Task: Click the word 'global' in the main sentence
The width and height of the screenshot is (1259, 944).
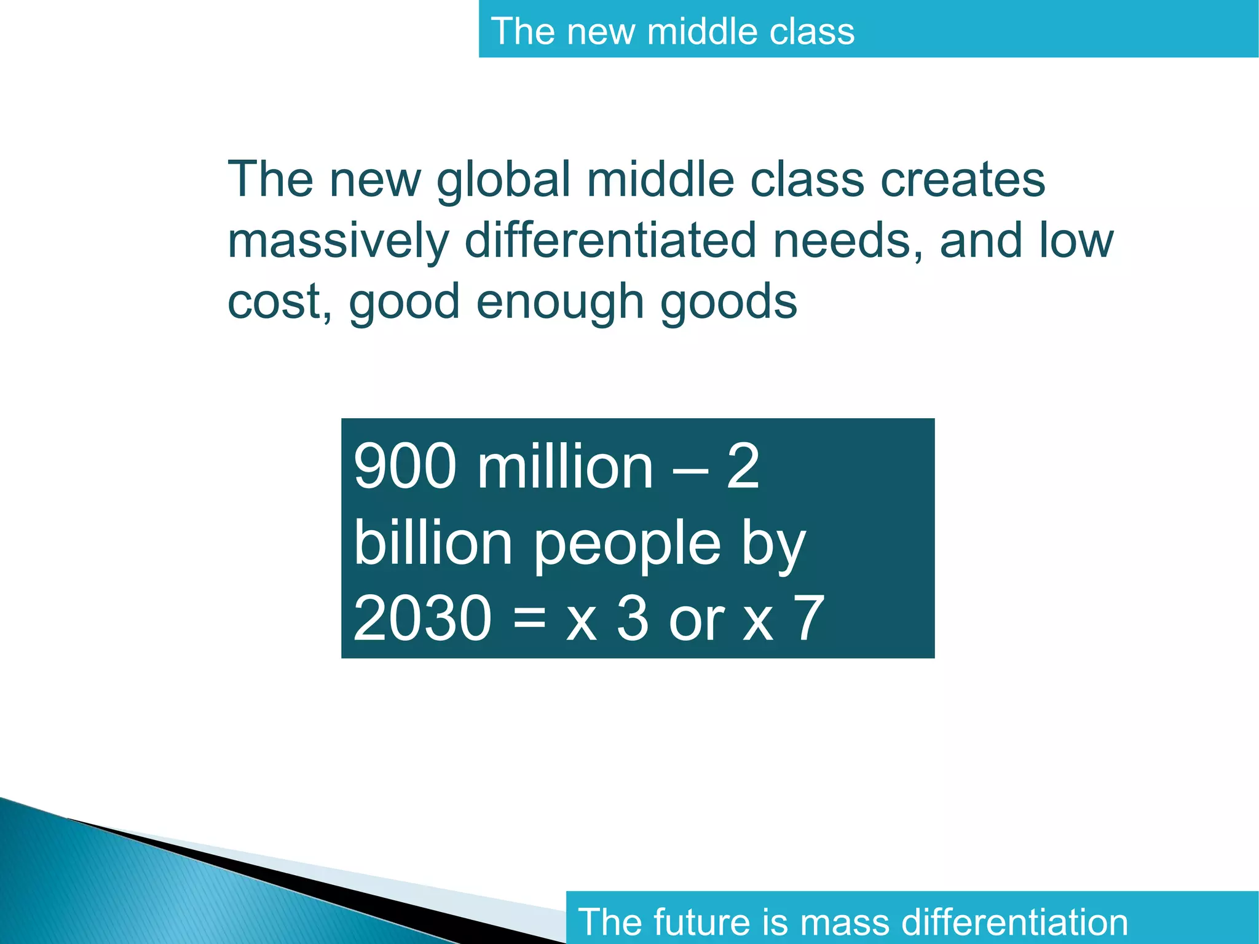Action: click(x=503, y=181)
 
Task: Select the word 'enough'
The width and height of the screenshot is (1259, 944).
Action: click(x=559, y=303)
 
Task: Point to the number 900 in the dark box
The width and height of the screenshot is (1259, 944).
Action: click(x=405, y=467)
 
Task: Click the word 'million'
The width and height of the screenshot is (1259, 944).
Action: click(x=565, y=467)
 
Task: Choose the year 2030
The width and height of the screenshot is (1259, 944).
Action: click(x=422, y=618)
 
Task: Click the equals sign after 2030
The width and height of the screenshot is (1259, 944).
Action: click(x=529, y=618)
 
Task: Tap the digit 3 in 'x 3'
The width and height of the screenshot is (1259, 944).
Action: click(x=633, y=618)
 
